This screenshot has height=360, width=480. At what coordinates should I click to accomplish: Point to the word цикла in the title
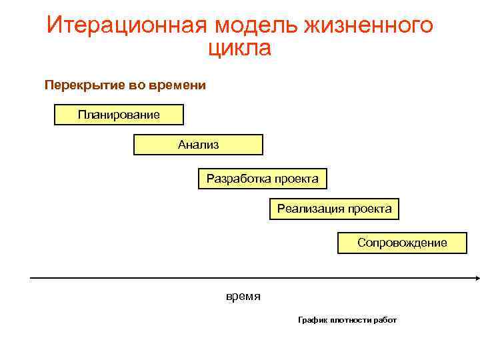(240, 48)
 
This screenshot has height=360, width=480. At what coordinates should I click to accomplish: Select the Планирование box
(119, 115)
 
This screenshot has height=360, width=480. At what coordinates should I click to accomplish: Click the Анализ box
(198, 145)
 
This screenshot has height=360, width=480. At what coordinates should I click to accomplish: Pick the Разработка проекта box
(262, 179)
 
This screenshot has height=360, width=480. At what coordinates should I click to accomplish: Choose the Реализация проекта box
(335, 209)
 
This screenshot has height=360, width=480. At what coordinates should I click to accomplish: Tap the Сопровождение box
(402, 243)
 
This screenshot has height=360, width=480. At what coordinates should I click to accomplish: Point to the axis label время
(243, 296)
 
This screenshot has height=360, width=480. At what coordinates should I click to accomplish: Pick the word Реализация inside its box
(307, 209)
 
